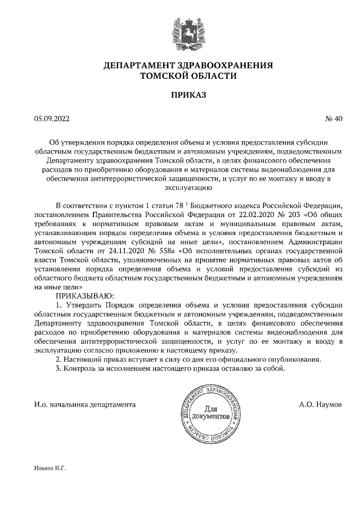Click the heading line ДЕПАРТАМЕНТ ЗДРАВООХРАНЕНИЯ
[180, 65]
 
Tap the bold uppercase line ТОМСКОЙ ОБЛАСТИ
[180, 76]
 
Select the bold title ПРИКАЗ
[180, 96]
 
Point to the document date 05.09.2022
[52, 119]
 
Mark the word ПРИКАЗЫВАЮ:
[84, 295]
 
